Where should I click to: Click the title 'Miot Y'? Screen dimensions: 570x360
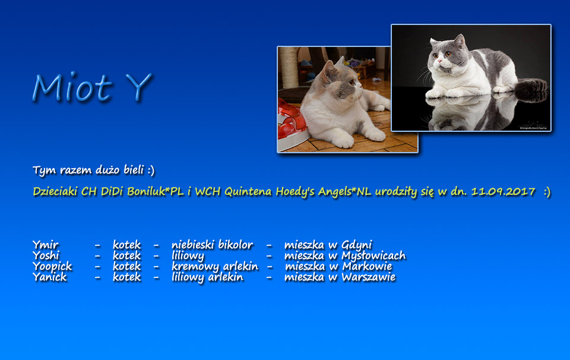pos(92,87)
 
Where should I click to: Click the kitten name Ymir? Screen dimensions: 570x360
pos(46,245)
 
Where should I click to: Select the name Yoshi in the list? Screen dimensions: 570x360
pos(46,255)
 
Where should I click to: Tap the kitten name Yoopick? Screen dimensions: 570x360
pos(52,267)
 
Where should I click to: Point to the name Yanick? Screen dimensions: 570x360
pos(50,277)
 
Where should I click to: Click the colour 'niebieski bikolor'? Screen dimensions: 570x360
pos(213,245)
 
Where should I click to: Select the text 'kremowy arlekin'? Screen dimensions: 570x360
pos(215,267)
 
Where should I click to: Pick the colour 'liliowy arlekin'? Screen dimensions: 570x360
pos(208,277)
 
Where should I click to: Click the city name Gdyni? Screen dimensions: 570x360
pos(357,245)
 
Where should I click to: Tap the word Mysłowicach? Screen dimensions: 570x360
pos(373,256)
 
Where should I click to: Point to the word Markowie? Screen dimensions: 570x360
pos(367,267)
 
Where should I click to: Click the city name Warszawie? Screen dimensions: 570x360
pos(368,277)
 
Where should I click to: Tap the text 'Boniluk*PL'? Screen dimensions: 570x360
pos(156,192)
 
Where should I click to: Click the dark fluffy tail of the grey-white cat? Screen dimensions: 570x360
pos(531,90)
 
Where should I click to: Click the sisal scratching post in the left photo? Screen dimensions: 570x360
pos(289,68)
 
